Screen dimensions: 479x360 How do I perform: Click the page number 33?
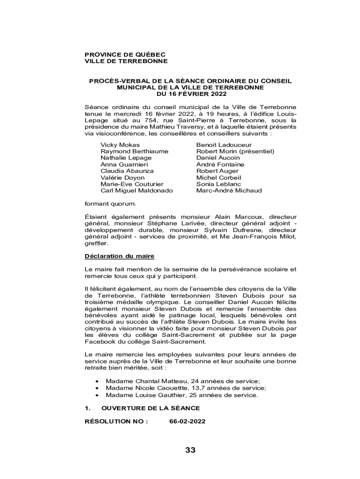tap(190, 450)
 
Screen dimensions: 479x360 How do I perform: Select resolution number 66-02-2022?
tap(187, 421)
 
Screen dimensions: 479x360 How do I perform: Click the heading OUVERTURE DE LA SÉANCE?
tap(151, 408)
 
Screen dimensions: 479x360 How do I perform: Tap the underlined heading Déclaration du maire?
tap(119, 256)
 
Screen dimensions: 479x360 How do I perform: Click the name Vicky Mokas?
tap(120, 145)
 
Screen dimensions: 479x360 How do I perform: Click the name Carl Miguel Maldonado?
tap(137, 191)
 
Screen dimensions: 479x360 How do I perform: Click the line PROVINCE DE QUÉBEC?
tap(125, 55)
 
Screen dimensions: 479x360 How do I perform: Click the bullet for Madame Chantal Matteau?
tap(96, 382)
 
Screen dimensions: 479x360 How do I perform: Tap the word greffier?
tap(96, 244)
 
